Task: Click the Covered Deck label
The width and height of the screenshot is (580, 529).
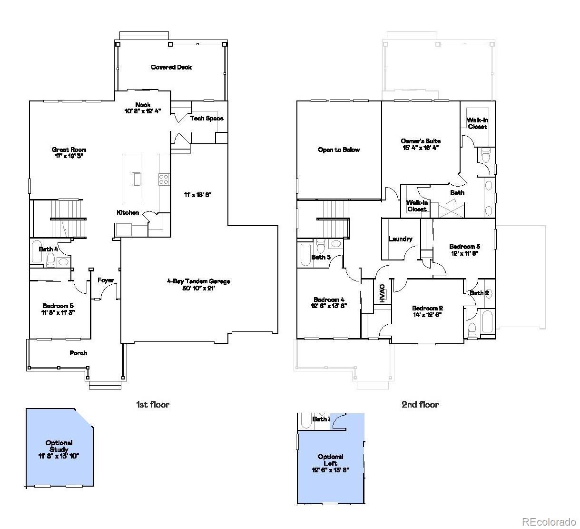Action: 171,67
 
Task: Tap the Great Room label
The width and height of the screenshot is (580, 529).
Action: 69,153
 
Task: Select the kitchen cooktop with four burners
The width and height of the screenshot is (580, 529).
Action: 163,179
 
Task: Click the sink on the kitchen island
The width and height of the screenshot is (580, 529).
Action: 137,179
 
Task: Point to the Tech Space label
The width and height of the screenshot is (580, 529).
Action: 206,118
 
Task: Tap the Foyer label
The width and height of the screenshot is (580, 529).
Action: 106,280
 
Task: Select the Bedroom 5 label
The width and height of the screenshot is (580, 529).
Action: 58,309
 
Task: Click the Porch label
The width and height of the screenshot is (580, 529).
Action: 79,353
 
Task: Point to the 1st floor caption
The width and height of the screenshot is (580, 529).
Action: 152,404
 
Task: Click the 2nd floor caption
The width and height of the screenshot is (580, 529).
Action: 420,404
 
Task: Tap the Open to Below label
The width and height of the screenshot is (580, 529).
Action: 339,150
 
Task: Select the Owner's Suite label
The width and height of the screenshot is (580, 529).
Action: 420,144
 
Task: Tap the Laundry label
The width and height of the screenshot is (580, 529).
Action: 400,239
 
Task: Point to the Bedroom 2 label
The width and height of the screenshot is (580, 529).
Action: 427,311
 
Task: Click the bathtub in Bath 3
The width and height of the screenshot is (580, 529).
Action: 305,255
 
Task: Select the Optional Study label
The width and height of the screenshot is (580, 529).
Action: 59,449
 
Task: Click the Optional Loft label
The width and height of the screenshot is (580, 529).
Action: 330,463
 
